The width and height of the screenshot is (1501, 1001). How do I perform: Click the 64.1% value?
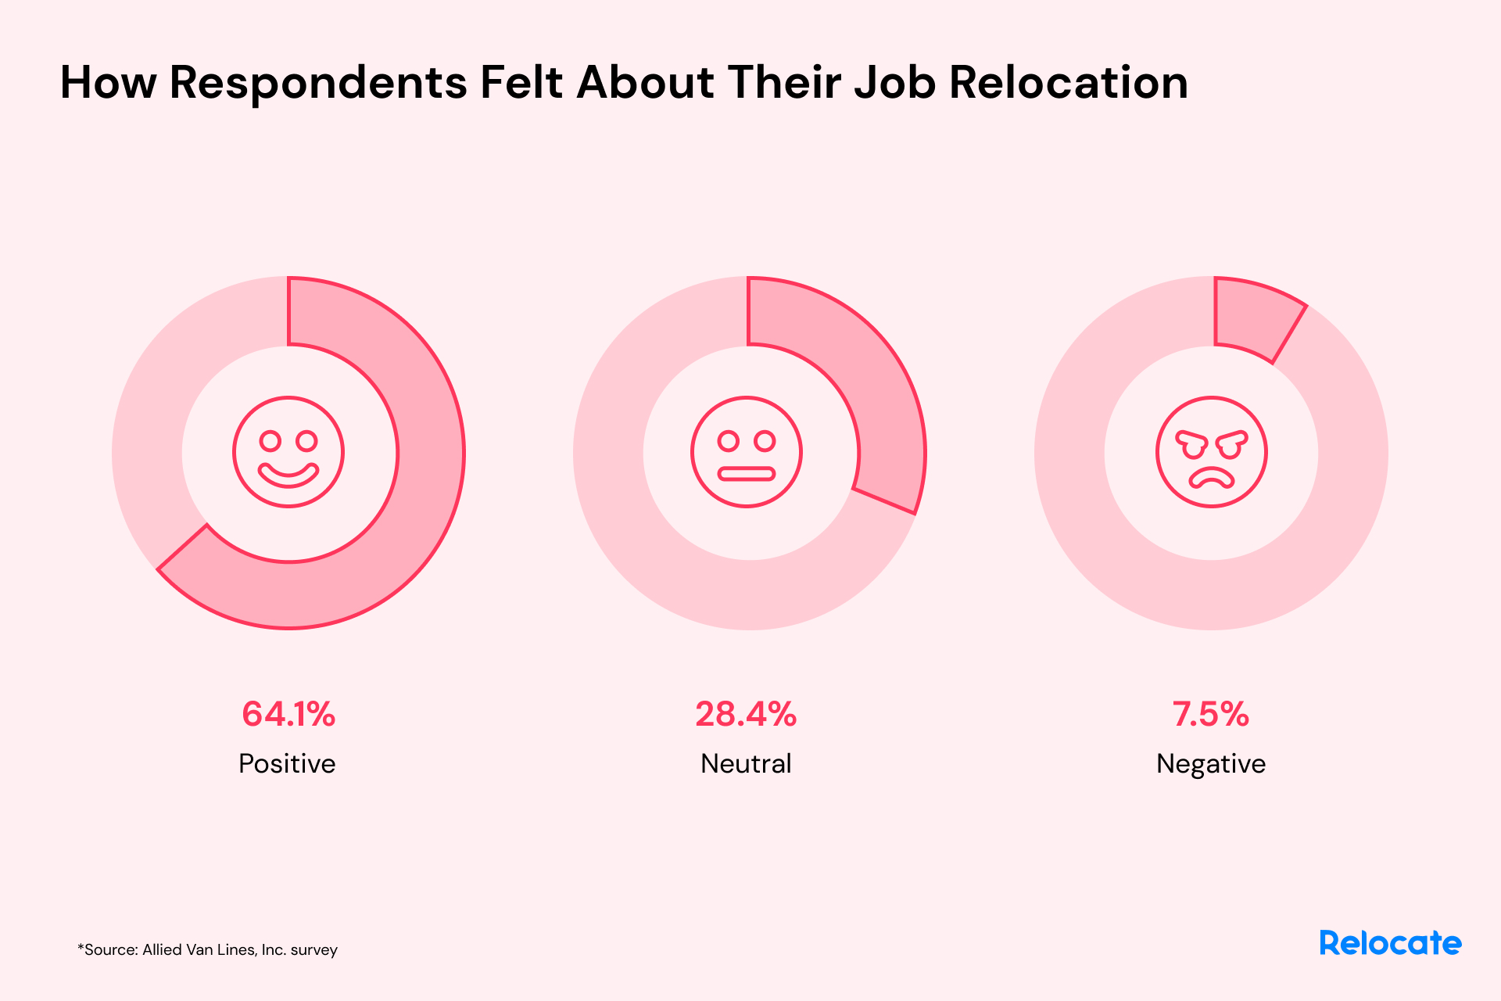point(288,714)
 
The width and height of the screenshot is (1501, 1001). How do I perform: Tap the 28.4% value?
point(746,714)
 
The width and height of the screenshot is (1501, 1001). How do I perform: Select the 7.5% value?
point(1210,714)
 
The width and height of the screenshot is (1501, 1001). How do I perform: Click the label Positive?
point(287,763)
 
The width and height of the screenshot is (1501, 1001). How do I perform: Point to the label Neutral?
point(746,763)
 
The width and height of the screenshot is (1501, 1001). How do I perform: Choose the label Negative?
point(1210,764)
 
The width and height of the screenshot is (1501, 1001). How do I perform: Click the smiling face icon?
point(288,452)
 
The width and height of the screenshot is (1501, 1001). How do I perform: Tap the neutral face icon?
point(747,452)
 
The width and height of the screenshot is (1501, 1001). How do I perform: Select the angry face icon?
point(1211,452)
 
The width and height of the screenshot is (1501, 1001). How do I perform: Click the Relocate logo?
point(1390,943)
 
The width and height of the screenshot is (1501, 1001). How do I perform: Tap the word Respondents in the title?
point(317,82)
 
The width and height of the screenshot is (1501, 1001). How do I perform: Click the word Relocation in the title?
point(1068,82)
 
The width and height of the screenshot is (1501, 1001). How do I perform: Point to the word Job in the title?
point(894,82)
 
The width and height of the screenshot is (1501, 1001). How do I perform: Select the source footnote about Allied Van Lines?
point(207,949)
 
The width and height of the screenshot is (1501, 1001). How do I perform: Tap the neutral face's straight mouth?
point(747,473)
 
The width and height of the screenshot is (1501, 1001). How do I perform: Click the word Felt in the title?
point(521,82)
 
